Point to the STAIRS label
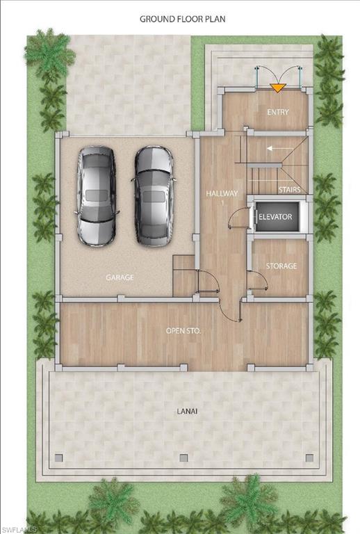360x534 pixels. [x=288, y=189]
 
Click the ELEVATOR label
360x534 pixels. [x=275, y=218]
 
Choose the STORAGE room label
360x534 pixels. [x=281, y=266]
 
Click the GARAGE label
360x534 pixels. [x=120, y=277]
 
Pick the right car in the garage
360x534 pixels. [x=154, y=195]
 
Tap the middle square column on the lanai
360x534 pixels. [x=183, y=458]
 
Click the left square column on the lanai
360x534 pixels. [x=59, y=458]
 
